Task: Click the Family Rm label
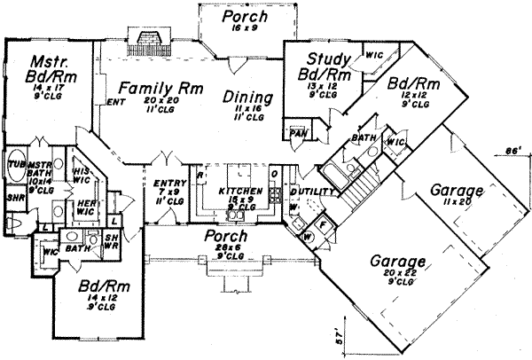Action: coord(150,90)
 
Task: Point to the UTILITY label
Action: coord(319,192)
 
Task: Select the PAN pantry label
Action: coord(297,135)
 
